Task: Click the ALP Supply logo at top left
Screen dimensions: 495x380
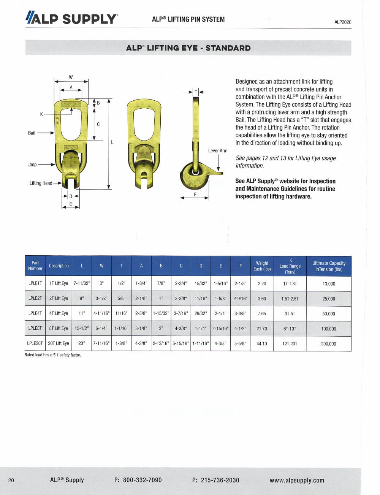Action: (x=72, y=18)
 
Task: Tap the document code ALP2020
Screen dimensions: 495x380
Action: (x=343, y=22)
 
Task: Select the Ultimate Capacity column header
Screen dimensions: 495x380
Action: (x=329, y=266)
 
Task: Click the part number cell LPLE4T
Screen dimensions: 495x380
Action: (x=35, y=313)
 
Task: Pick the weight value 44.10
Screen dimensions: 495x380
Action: (x=262, y=343)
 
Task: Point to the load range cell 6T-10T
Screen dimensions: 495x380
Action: (x=290, y=329)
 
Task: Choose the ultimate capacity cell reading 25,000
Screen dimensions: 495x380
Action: (x=329, y=299)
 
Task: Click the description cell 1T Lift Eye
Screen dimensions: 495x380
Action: (x=59, y=283)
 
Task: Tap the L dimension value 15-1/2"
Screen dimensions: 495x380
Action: (x=82, y=329)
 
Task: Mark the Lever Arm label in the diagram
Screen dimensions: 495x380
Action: (x=218, y=151)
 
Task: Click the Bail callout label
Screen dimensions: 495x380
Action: (x=32, y=133)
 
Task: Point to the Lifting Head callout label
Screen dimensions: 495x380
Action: (x=41, y=183)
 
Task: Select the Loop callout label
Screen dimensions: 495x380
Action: (x=32, y=164)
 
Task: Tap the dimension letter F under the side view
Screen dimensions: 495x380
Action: (x=195, y=194)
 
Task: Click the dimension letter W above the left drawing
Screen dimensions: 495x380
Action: (x=71, y=77)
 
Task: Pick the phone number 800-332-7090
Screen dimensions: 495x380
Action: (x=142, y=480)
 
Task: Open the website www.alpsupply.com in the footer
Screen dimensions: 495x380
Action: (x=297, y=480)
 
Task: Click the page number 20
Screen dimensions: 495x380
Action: (x=11, y=480)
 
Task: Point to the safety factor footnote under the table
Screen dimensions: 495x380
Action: (x=53, y=355)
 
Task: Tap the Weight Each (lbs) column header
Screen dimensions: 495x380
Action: (x=262, y=266)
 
